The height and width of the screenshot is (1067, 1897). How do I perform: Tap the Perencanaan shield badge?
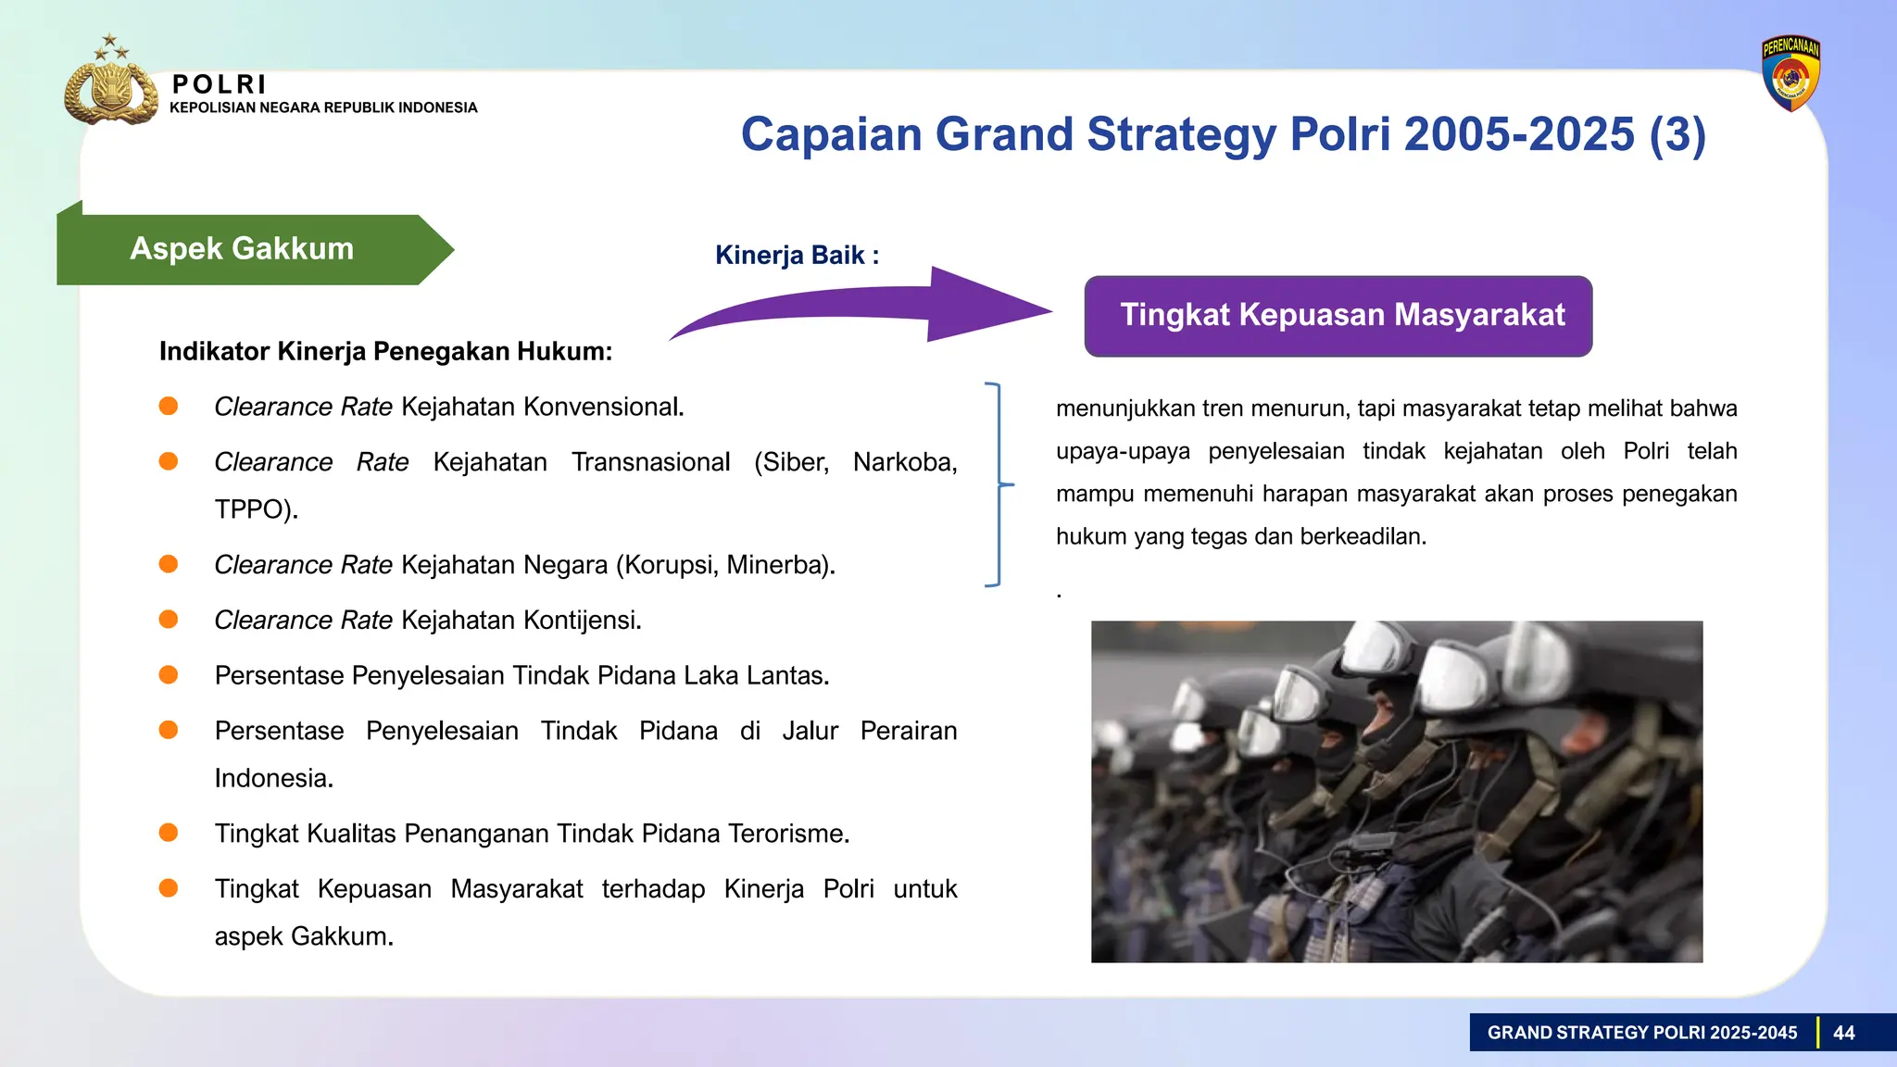pyautogui.click(x=1790, y=74)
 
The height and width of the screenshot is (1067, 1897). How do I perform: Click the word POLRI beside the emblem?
pyautogui.click(x=220, y=84)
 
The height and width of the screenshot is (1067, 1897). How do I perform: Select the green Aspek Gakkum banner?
pyautogui.click(x=243, y=249)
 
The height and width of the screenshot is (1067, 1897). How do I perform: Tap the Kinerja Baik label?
pyautogui.click(x=797, y=255)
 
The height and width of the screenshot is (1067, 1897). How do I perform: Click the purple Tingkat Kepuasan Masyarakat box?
pyautogui.click(x=1338, y=315)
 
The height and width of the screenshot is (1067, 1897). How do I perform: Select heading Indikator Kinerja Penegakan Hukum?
pyautogui.click(x=385, y=351)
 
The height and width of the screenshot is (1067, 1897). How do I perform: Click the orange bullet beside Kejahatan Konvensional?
pyautogui.click(x=169, y=406)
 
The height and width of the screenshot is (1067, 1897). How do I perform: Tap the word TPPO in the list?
pyautogui.click(x=253, y=509)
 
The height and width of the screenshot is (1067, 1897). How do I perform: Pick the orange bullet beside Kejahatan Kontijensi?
pyautogui.click(x=169, y=619)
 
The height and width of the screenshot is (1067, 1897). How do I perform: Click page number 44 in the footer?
pyautogui.click(x=1843, y=1033)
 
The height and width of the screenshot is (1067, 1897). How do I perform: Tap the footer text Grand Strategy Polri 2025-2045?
pyautogui.click(x=1641, y=1033)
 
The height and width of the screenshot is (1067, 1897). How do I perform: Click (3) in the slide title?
pyautogui.click(x=1677, y=134)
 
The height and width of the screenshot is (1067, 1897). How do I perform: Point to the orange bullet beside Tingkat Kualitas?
pyautogui.click(x=169, y=832)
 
